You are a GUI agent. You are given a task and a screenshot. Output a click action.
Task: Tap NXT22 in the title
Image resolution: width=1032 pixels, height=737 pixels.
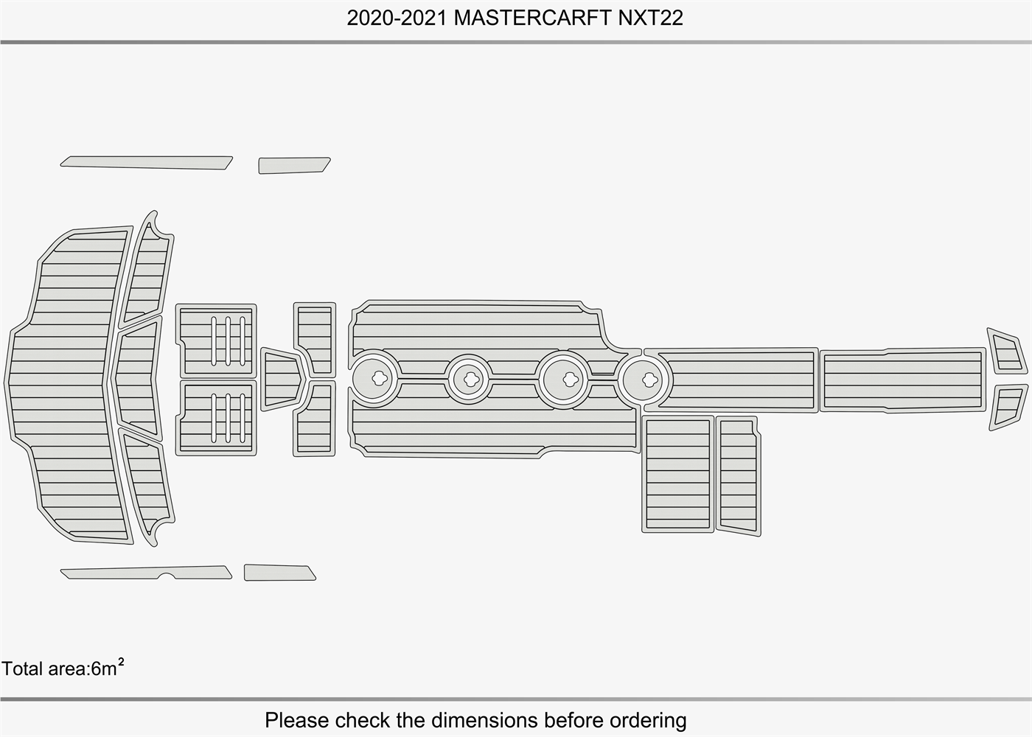[650, 18]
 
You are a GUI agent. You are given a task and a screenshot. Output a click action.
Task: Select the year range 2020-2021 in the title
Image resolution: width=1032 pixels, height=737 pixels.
[397, 18]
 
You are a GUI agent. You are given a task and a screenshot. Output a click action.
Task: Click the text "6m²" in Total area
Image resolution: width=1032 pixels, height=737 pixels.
[108, 668]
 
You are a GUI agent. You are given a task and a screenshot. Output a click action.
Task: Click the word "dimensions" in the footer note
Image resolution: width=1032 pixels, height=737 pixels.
[484, 720]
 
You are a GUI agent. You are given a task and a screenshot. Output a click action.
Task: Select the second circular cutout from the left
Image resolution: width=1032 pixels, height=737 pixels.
[469, 380]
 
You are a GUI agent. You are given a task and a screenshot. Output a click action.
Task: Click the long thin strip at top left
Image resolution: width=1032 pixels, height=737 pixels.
[147, 163]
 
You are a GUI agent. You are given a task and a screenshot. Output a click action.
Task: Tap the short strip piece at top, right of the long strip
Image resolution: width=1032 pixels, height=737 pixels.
[294, 165]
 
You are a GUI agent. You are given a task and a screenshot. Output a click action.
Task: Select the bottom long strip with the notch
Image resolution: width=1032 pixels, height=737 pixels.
[147, 573]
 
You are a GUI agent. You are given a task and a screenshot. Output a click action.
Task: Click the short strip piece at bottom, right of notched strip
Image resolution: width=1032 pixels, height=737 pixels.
[279, 573]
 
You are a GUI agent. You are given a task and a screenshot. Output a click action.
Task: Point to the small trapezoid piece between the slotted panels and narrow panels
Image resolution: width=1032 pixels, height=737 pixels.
[282, 379]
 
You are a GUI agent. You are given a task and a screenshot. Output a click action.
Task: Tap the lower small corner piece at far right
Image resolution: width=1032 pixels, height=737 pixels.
[1008, 407]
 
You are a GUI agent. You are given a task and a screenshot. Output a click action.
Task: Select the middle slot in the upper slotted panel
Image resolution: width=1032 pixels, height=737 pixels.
[228, 340]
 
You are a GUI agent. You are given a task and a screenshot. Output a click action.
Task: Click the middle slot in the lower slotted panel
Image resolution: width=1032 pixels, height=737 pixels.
[228, 418]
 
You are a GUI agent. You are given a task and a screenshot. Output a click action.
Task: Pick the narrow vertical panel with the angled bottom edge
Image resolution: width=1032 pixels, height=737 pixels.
[738, 476]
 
